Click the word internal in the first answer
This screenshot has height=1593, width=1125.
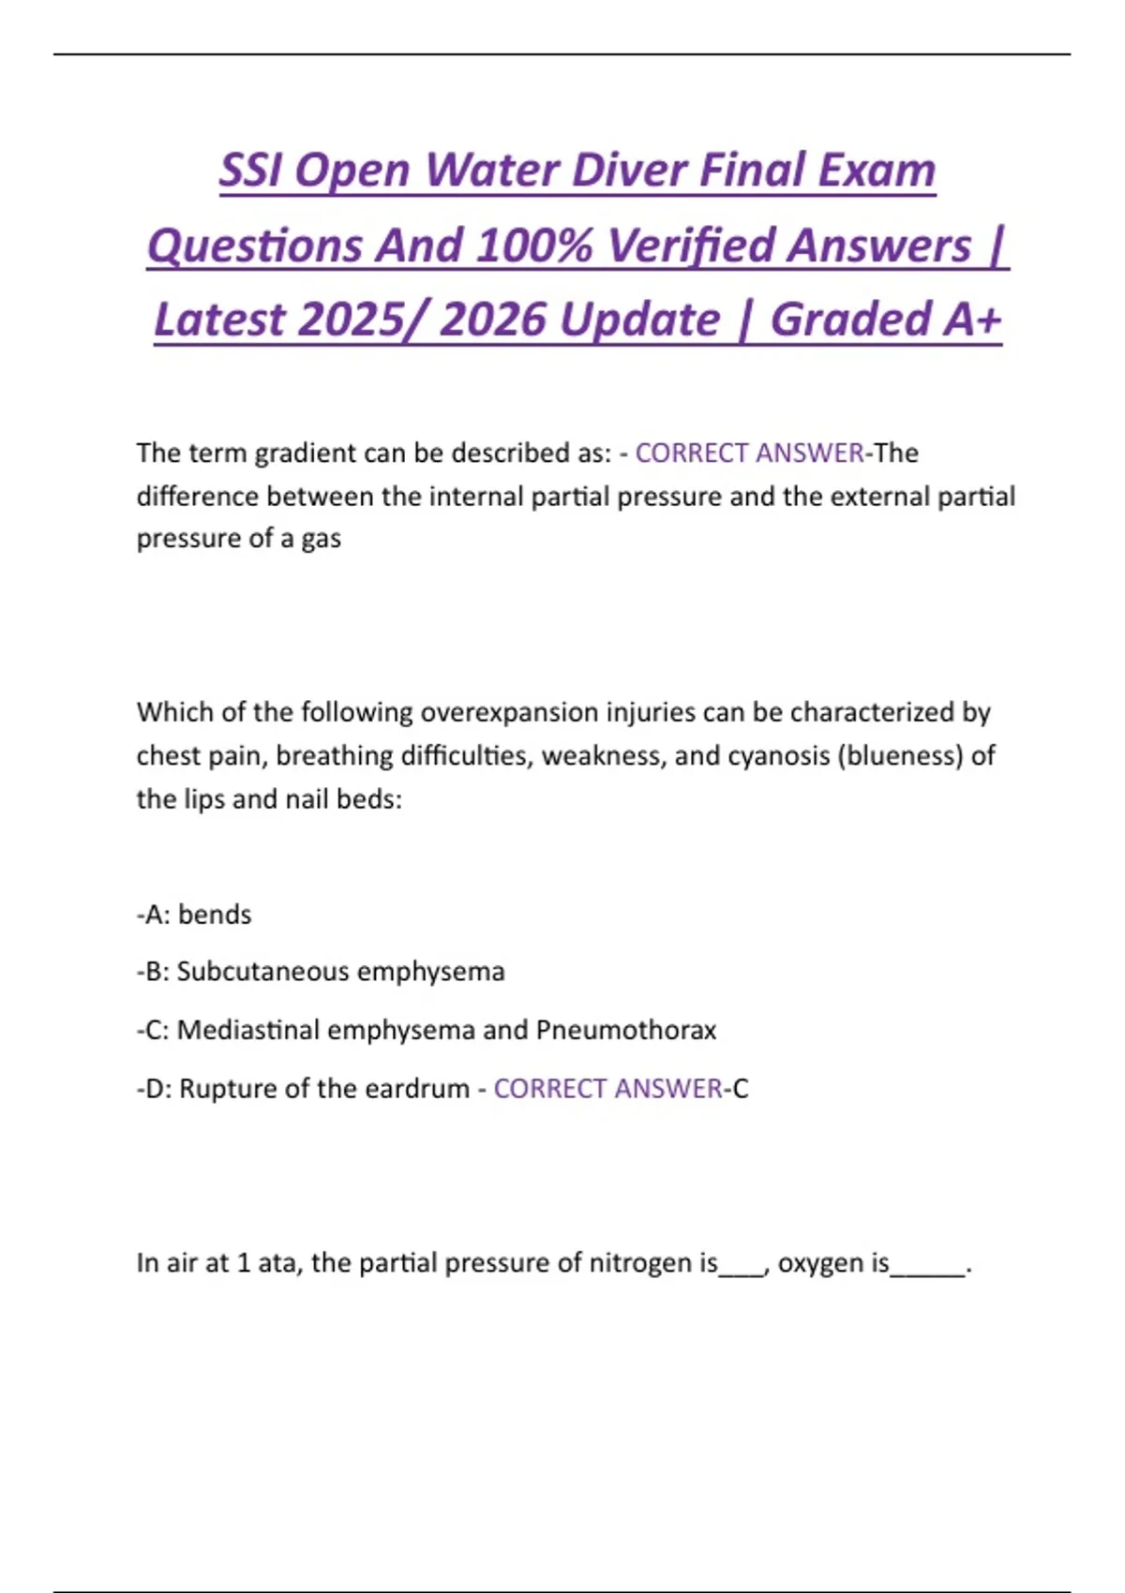pos(478,497)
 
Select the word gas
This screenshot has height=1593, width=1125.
pos(321,540)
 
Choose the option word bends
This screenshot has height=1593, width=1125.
pos(215,915)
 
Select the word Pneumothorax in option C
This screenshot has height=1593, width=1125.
pos(625,1031)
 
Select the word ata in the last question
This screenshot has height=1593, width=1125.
pos(278,1263)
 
